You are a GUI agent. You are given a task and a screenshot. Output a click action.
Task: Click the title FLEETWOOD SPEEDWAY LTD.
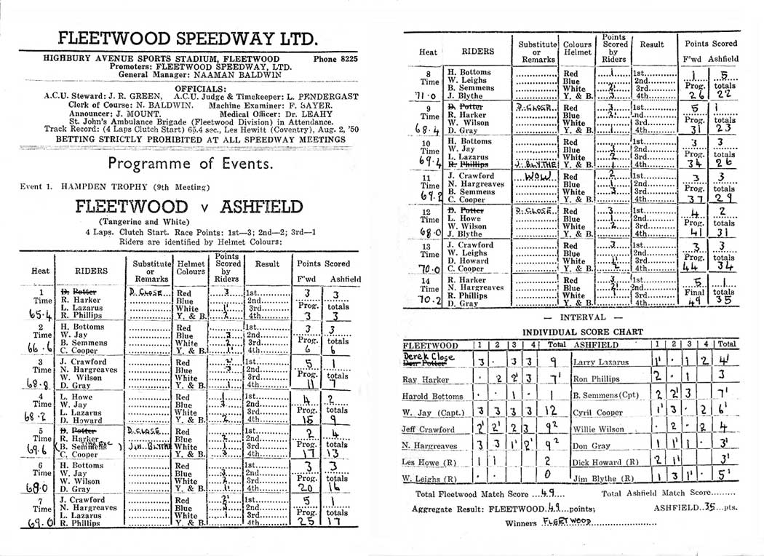[190, 38]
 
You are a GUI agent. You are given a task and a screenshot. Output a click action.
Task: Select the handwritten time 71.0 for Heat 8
[431, 95]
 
